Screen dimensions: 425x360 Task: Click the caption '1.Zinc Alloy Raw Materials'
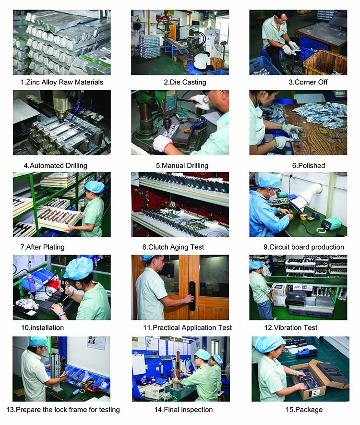pyautogui.click(x=62, y=82)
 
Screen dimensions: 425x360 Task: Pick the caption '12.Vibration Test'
pyautogui.click(x=298, y=328)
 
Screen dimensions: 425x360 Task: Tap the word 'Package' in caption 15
pyautogui.click(x=312, y=410)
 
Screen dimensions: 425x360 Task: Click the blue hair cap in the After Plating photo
pyautogui.click(x=95, y=186)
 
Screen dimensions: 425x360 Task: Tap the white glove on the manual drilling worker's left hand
pyautogui.click(x=162, y=143)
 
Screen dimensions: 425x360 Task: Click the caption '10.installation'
pyautogui.click(x=42, y=328)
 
